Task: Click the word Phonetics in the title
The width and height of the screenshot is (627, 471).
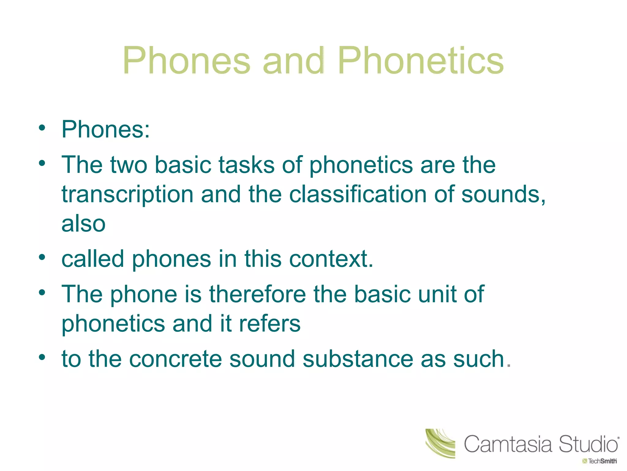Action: [x=421, y=60]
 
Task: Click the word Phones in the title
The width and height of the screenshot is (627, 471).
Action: [x=186, y=60]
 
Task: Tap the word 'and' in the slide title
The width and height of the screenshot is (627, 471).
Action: [x=293, y=60]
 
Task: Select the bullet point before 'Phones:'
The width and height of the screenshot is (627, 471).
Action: [x=42, y=128]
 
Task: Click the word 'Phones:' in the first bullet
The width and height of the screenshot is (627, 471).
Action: [x=106, y=129]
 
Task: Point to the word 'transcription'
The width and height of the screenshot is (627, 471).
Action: [x=127, y=195]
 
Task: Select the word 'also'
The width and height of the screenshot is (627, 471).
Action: [x=83, y=224]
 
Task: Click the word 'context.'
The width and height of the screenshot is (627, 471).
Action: [x=331, y=259]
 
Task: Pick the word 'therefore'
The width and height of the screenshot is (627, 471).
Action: [x=257, y=294]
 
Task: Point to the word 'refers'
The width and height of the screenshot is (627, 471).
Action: [x=270, y=324]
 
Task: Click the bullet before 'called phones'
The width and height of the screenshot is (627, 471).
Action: [x=42, y=257]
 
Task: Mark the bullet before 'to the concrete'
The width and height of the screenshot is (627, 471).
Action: [x=42, y=357]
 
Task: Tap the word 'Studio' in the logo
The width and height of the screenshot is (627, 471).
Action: [x=588, y=444]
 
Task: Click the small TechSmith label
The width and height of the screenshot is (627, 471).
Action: [x=600, y=461]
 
